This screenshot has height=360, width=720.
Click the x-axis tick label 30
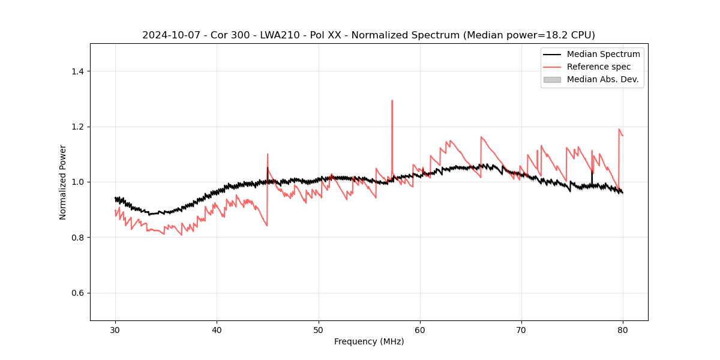click(x=116, y=330)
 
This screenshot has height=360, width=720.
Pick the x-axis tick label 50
click(x=319, y=330)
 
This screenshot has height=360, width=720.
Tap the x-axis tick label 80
click(x=623, y=330)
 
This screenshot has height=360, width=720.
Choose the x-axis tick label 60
click(x=420, y=330)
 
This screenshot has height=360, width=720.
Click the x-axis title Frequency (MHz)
click(x=369, y=341)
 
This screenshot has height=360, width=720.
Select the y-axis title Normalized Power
click(x=63, y=182)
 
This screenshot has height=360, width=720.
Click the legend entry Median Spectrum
click(x=603, y=54)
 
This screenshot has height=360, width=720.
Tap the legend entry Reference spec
click(x=599, y=67)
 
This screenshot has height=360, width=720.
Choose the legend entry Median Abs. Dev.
click(x=602, y=79)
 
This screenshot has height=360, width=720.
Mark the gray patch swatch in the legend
click(x=552, y=79)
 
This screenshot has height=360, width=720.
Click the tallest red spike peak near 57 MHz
click(x=392, y=101)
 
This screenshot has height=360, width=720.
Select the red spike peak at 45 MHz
click(x=268, y=154)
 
